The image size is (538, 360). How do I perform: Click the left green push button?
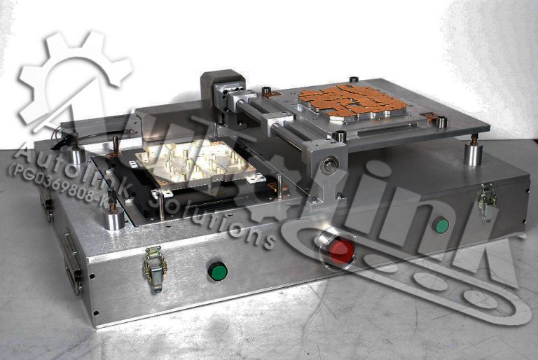tap(218, 270)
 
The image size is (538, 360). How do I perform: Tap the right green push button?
tap(441, 226)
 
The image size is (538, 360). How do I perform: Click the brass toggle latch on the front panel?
tap(155, 268)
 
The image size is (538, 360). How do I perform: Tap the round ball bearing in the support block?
tap(329, 165)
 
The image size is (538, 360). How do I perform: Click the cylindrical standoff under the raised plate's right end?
tap(474, 153)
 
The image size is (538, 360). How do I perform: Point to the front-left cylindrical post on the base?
tap(114, 219)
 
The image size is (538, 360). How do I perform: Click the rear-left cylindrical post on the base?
tap(76, 153)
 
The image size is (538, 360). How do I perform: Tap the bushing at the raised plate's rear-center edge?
tap(354, 79)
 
